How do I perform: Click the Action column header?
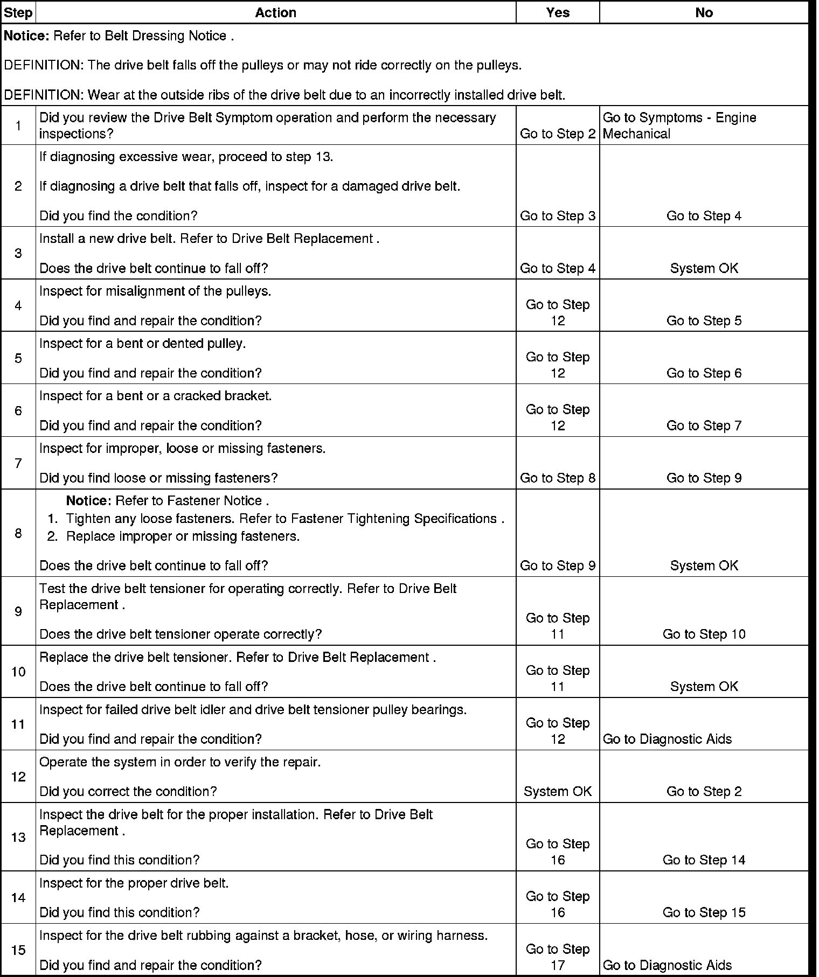click(275, 12)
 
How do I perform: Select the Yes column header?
click(558, 12)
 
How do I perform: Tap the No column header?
click(704, 12)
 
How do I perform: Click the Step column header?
click(18, 12)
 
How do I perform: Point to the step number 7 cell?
click(18, 463)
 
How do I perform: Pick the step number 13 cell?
click(18, 838)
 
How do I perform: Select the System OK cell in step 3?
click(704, 268)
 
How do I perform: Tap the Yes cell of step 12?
click(558, 791)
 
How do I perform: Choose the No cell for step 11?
click(667, 739)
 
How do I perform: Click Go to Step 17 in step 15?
click(558, 957)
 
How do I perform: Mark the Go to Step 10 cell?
click(704, 634)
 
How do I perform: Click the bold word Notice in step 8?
click(88, 501)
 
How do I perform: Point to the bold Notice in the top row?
click(26, 36)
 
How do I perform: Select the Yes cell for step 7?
click(558, 478)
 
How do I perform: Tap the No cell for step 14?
click(704, 912)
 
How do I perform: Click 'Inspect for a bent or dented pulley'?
click(143, 344)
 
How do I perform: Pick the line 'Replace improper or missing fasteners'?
click(183, 536)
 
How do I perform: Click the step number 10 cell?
click(18, 672)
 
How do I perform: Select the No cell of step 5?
click(704, 373)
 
